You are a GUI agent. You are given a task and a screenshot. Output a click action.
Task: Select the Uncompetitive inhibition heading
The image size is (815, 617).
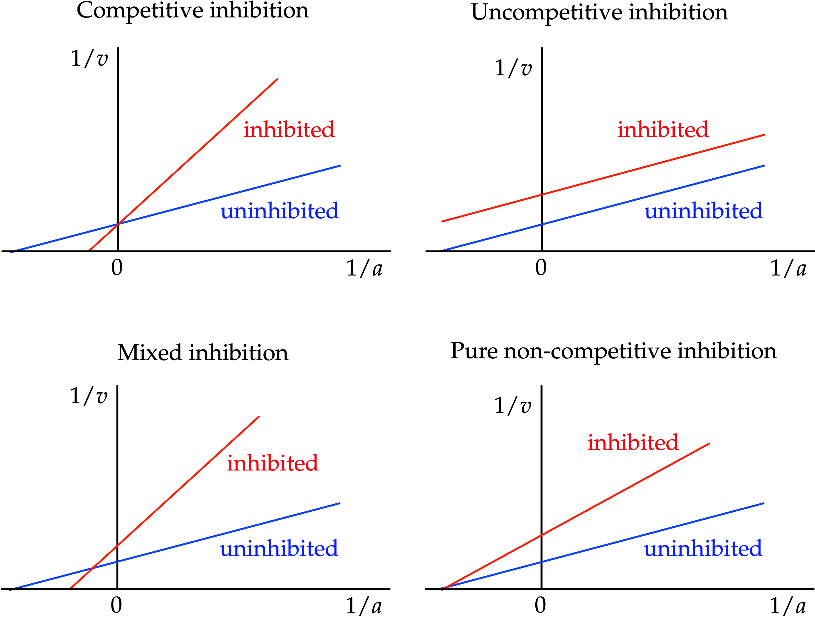599,12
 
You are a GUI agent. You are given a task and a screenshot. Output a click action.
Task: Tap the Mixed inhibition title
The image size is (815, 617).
203,353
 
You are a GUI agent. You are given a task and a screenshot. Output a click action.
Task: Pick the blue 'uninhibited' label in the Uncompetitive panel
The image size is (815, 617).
703,211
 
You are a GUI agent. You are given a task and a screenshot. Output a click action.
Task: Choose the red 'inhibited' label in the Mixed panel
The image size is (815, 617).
272,463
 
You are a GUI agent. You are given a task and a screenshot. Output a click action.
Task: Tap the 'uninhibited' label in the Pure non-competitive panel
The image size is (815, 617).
703,549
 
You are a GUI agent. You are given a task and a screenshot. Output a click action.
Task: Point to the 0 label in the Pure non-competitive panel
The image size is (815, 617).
540,605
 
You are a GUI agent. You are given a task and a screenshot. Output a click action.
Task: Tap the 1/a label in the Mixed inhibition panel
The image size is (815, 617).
364,606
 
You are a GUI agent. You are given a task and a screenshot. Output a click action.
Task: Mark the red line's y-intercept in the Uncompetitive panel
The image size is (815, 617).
542,194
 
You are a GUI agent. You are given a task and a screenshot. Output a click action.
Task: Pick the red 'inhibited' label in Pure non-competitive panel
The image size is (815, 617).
633,443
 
